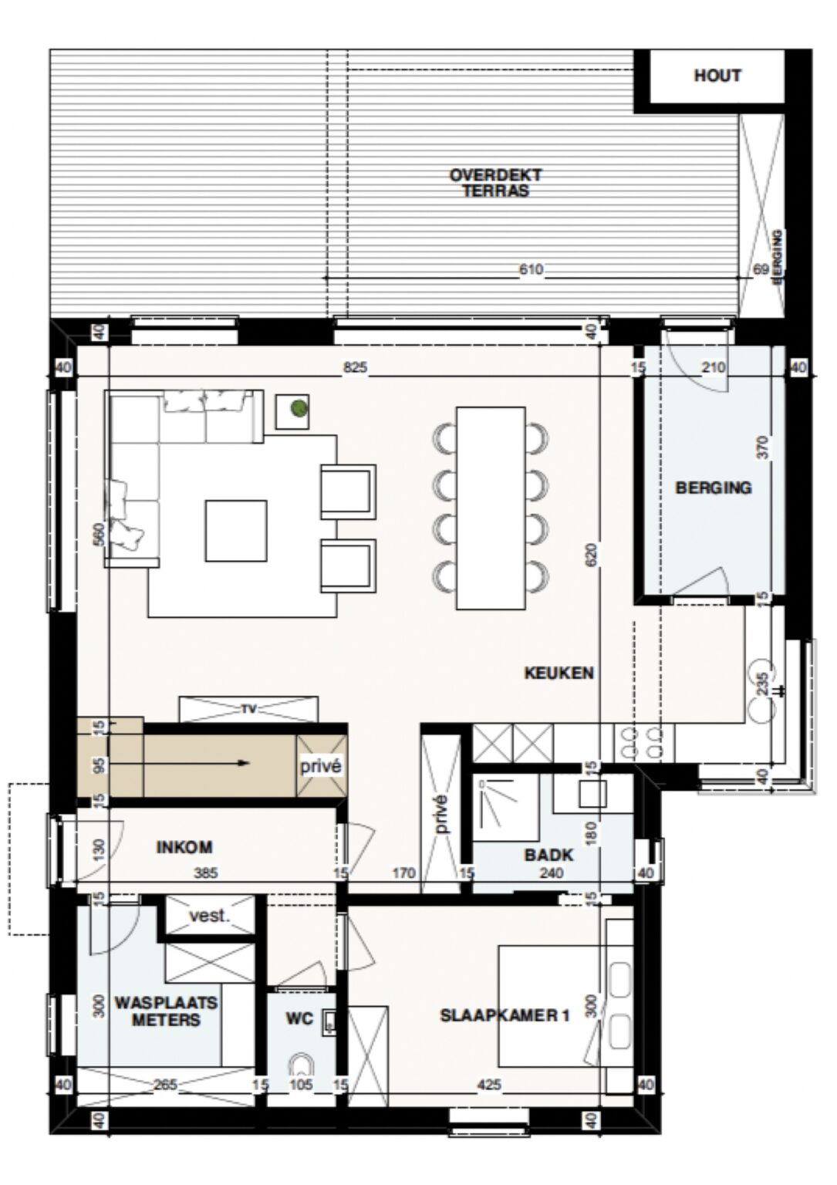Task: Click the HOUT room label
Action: point(717,76)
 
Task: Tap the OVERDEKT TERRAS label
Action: point(495,183)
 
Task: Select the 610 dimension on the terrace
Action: point(531,269)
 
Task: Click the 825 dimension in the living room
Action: point(355,368)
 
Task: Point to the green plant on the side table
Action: point(297,410)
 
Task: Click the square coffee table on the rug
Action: point(236,531)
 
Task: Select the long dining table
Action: point(491,508)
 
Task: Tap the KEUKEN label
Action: point(559,673)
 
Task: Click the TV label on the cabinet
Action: point(248,708)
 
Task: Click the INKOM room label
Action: point(184,847)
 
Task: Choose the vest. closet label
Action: point(209,916)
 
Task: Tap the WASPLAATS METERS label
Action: point(166,1011)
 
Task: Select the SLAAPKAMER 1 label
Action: point(505,1015)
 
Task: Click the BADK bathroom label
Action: point(548,854)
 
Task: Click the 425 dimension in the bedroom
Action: point(489,1085)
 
